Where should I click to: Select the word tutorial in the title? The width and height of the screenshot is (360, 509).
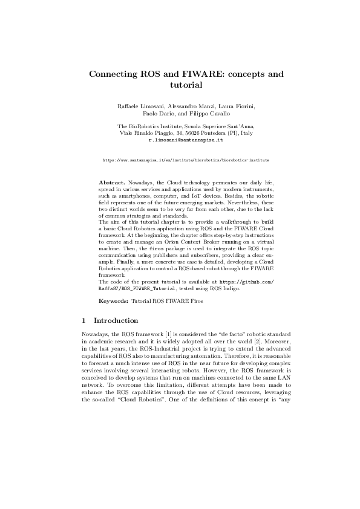coord(180,86)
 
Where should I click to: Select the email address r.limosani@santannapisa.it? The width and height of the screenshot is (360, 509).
coord(180,139)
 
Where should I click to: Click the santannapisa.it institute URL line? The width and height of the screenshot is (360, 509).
coord(179,161)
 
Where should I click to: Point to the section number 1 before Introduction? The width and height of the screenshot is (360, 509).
coord(83,320)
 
